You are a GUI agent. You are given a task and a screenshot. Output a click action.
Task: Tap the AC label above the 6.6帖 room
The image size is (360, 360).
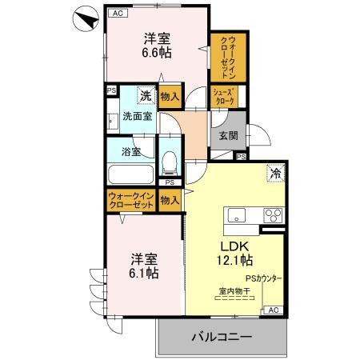click(x=117, y=14)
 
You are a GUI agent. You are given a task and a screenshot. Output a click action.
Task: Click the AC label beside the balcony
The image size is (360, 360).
click(x=271, y=310)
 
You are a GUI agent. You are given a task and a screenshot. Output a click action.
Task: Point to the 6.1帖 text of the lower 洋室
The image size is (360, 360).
click(x=144, y=273)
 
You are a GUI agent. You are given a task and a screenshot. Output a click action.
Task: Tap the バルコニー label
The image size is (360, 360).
click(x=222, y=336)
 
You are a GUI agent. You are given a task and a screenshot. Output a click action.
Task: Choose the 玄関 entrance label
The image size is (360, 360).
click(x=226, y=136)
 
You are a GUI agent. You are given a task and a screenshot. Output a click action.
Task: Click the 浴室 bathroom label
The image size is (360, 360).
click(x=130, y=150)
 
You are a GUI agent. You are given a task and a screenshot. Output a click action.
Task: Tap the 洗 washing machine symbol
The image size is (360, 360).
click(x=145, y=95)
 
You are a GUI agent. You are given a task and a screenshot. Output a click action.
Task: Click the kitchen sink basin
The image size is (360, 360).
click(x=238, y=215)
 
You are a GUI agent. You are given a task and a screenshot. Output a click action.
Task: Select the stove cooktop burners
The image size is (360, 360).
click(x=272, y=214)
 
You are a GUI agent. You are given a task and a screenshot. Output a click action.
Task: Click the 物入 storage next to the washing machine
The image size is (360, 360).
click(x=169, y=96)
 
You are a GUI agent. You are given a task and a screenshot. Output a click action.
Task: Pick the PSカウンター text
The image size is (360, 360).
click(x=263, y=278)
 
